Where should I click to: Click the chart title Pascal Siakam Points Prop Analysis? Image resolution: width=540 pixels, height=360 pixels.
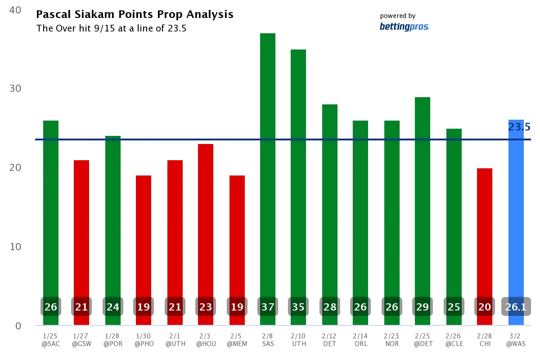135,14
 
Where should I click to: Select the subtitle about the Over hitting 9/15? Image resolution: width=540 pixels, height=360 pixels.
111,28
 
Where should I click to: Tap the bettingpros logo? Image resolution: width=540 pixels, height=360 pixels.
404,27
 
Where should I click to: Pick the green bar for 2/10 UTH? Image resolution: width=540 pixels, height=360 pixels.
298,171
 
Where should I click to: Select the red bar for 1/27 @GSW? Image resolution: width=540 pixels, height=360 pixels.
81,225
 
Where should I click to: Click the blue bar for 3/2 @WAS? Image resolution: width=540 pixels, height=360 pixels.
516,216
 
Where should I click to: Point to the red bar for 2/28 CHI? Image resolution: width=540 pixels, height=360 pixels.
485,229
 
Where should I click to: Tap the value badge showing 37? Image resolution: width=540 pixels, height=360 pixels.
268,307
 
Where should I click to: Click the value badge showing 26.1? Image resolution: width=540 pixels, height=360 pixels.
516,307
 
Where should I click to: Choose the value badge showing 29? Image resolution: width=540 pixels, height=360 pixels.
423,307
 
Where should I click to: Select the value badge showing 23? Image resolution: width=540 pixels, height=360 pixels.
206,307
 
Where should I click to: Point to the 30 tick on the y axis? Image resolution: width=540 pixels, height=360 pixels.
15,88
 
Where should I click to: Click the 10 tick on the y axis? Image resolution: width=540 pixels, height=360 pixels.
15,247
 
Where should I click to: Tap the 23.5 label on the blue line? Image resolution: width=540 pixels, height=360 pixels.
519,127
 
